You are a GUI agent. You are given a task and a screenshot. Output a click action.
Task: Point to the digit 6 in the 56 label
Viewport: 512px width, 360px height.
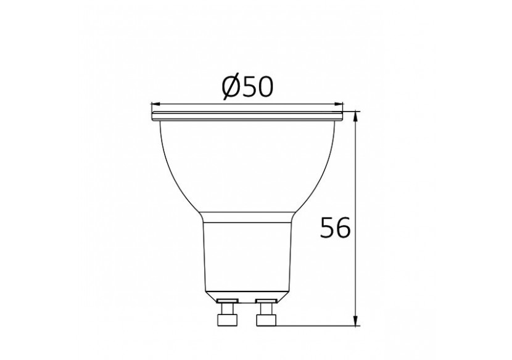point(342,228)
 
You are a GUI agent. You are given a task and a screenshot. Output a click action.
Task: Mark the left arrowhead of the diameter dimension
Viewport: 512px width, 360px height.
point(156,104)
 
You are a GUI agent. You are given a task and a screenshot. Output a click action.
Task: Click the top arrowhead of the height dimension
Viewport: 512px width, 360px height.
point(357,117)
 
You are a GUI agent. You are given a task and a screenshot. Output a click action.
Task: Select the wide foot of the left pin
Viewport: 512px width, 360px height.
point(228,320)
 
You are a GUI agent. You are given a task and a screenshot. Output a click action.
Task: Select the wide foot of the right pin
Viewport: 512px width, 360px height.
point(267,320)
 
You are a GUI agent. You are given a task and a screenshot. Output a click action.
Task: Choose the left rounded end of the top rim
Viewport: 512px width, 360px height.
point(153,115)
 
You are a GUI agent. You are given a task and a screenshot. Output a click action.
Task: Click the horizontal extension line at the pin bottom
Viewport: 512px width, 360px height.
point(315,325)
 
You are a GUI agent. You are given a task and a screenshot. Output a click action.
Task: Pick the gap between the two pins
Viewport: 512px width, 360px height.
point(247,314)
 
